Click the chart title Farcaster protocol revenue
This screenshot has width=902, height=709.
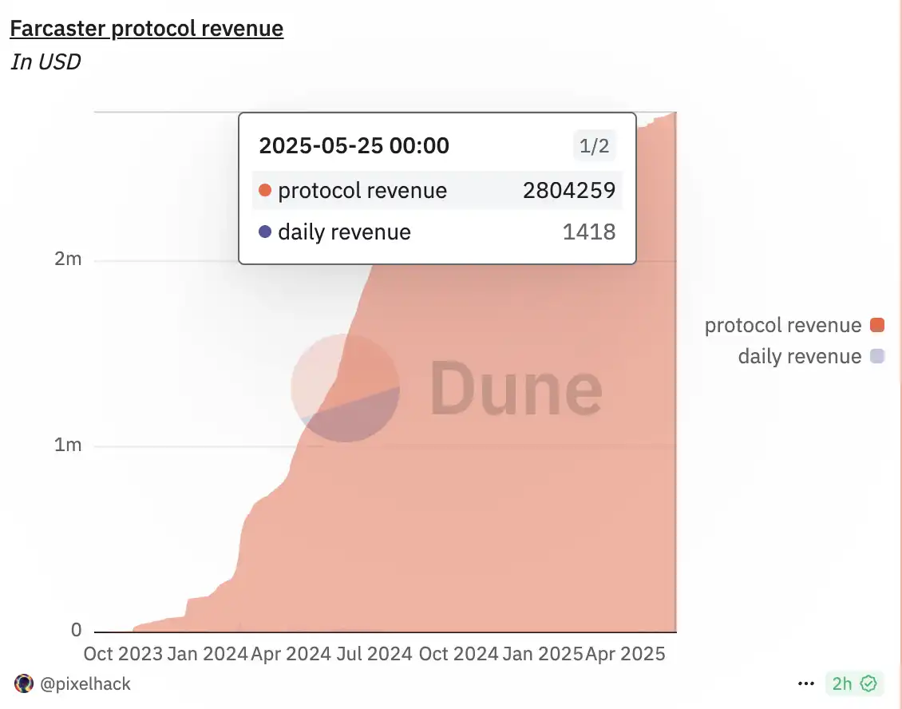tap(146, 30)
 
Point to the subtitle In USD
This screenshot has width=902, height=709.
tap(45, 61)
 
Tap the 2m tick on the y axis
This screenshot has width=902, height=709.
tap(68, 261)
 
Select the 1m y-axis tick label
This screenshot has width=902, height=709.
tap(68, 446)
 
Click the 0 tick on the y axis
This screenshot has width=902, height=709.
tap(77, 631)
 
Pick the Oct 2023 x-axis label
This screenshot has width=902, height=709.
tap(122, 654)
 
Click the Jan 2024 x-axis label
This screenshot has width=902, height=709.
tap(208, 654)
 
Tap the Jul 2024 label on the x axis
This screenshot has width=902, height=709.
tap(375, 654)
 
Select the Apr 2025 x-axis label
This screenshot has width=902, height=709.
tap(625, 654)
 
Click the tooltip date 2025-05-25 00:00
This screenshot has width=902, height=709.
tap(354, 145)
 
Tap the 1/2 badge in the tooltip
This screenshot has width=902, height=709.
tap(594, 146)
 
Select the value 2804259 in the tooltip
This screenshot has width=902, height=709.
tap(569, 191)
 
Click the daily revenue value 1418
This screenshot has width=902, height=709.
tap(588, 232)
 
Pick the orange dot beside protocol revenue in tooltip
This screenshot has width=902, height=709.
tap(266, 191)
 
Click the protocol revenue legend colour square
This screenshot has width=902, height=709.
tap(877, 325)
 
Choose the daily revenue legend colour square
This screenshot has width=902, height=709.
tap(877, 356)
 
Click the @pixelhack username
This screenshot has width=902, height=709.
tap(84, 684)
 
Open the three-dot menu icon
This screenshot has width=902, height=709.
tap(806, 684)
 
